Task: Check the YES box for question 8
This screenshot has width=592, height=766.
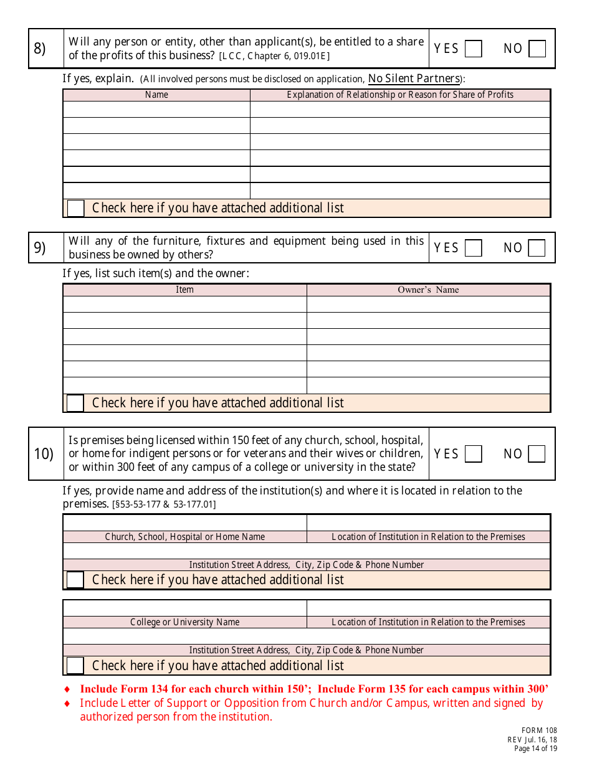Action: tap(474, 49)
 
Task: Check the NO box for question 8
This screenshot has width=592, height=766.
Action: tap(537, 49)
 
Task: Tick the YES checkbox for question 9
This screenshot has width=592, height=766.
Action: tap(474, 248)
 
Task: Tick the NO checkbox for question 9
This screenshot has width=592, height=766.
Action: tap(537, 248)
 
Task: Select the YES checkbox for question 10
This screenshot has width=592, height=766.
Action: tap(474, 454)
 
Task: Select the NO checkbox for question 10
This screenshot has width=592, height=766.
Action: tap(537, 454)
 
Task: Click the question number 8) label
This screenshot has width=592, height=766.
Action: tap(40, 49)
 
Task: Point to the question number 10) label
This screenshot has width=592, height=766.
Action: tap(44, 454)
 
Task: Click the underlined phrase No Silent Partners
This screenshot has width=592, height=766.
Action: tap(414, 78)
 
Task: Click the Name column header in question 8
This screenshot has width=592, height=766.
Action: tap(156, 95)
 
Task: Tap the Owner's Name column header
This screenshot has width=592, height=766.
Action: tap(428, 290)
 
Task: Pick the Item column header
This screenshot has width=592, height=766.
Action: tap(184, 290)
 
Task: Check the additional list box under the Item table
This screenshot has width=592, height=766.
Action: tap(75, 403)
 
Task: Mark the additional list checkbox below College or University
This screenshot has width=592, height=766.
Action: tap(75, 666)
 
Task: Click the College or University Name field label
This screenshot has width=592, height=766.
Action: tap(184, 622)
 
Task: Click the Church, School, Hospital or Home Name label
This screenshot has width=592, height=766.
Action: tap(184, 537)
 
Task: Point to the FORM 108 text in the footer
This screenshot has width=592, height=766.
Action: tap(539, 731)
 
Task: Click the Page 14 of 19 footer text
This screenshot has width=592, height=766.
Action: tap(535, 749)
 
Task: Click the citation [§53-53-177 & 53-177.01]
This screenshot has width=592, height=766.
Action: tap(164, 504)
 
